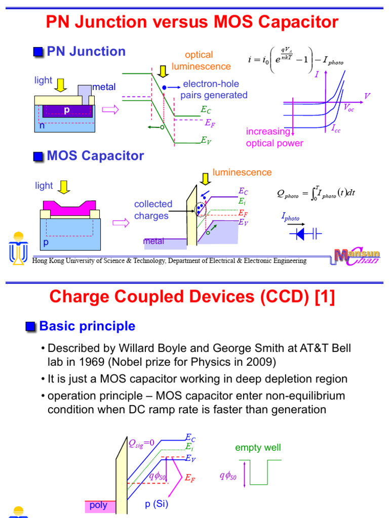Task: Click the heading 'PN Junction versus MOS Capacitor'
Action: point(192,22)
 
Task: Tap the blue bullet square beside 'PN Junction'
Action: point(38,52)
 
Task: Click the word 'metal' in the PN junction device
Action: point(103,87)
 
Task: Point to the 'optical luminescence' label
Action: point(201,61)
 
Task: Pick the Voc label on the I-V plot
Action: point(349,107)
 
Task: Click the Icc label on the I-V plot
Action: point(336,129)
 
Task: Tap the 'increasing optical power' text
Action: point(274,138)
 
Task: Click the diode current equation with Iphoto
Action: point(295,60)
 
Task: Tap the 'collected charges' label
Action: point(153,210)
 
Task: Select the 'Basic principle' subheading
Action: point(87,326)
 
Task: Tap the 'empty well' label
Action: point(258,448)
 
